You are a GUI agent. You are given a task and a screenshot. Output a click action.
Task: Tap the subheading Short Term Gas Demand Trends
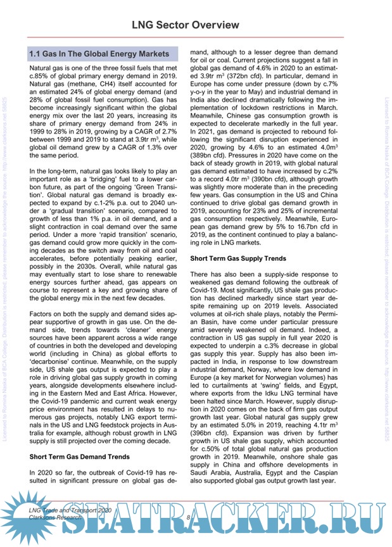[x=80, y=456]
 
